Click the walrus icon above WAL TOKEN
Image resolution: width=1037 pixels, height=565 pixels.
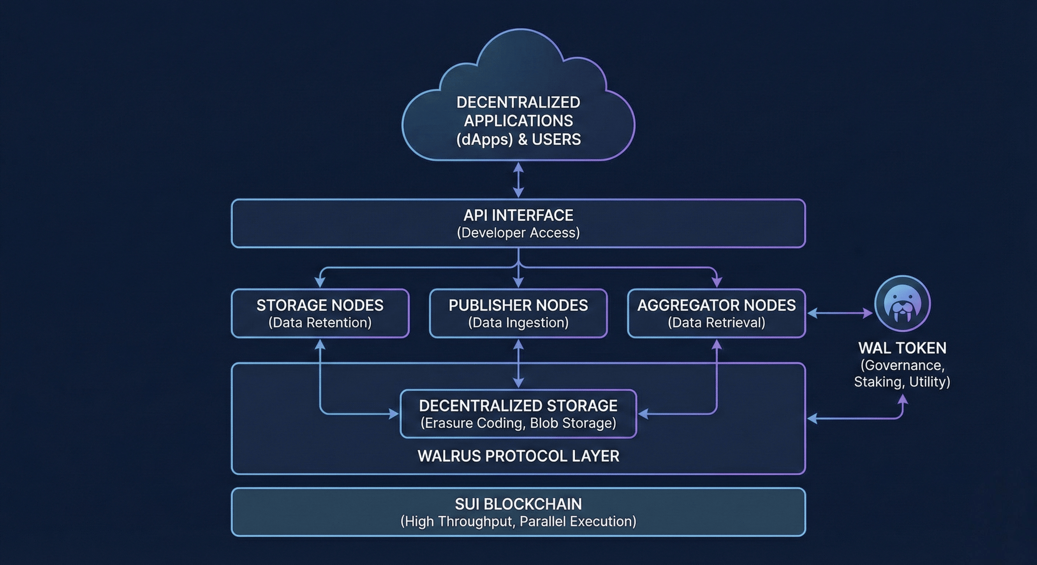pyautogui.click(x=903, y=303)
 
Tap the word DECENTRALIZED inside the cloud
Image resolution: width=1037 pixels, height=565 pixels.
pyautogui.click(x=518, y=103)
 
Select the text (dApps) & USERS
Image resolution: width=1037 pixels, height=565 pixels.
pyautogui.click(x=518, y=139)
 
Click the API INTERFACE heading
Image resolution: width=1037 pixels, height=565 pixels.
pyautogui.click(x=518, y=216)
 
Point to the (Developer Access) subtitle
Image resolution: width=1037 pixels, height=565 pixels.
pyautogui.click(x=518, y=233)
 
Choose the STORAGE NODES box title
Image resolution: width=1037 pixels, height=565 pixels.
pyautogui.click(x=320, y=305)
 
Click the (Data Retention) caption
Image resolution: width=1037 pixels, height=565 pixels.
pyautogui.click(x=320, y=323)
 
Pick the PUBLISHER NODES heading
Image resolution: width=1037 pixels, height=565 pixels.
pyautogui.click(x=518, y=305)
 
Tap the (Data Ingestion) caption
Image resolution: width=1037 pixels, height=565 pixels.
pyautogui.click(x=518, y=323)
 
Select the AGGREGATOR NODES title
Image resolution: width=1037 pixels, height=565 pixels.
pyautogui.click(x=716, y=305)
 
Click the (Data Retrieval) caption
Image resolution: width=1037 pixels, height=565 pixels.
pyautogui.click(x=716, y=323)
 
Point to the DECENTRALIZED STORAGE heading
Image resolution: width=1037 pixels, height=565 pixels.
pyautogui.click(x=518, y=406)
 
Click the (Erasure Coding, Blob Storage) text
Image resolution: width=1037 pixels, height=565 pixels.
pyautogui.click(x=518, y=423)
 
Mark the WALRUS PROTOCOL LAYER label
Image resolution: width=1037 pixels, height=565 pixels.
pyautogui.click(x=518, y=456)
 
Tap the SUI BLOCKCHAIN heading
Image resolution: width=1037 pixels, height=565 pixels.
pyautogui.click(x=518, y=504)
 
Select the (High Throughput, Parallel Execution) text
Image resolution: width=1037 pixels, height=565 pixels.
pyautogui.click(x=518, y=521)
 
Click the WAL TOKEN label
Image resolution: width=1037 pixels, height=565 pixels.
pyautogui.click(x=902, y=348)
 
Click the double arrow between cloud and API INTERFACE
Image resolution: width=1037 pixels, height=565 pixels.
pyautogui.click(x=518, y=180)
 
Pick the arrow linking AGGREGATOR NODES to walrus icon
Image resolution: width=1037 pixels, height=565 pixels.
pyautogui.click(x=840, y=313)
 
